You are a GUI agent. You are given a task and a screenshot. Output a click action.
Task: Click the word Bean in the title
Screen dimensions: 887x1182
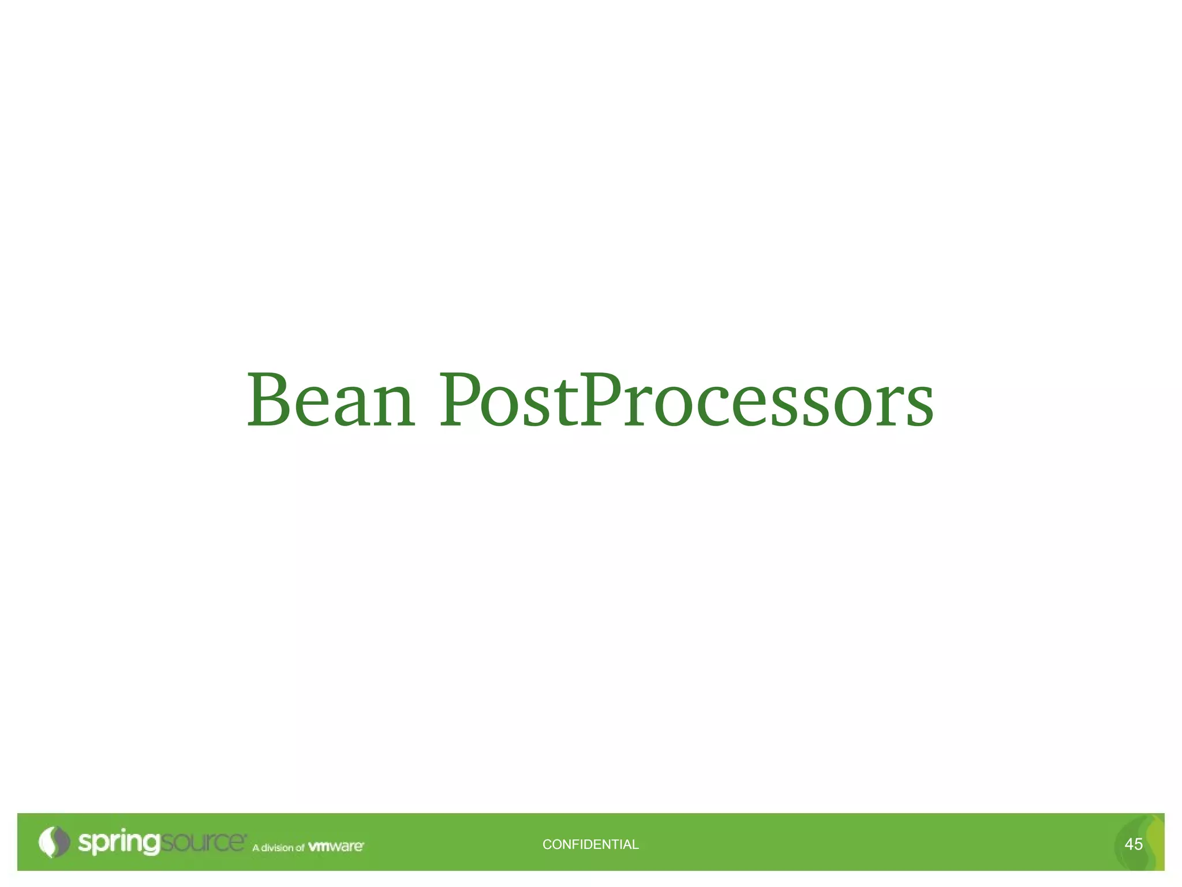tap(330, 400)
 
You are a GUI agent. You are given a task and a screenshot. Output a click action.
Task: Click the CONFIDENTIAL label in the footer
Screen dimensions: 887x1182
tap(590, 844)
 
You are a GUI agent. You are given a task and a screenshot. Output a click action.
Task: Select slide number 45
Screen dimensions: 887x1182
tap(1134, 844)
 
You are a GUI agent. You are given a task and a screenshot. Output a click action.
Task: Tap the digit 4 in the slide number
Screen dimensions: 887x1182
tap(1129, 844)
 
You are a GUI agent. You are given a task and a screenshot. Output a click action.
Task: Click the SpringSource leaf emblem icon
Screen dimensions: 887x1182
tap(54, 842)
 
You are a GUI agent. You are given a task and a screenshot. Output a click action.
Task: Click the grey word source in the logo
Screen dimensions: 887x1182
tap(201, 842)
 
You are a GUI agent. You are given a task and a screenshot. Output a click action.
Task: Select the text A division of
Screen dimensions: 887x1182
tap(278, 848)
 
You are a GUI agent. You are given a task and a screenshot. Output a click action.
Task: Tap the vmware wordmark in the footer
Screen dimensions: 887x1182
tap(336, 847)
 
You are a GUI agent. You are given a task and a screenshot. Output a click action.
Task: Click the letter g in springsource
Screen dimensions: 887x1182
tap(149, 844)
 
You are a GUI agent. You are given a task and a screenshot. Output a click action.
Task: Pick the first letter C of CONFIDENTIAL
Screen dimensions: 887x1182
tap(547, 844)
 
